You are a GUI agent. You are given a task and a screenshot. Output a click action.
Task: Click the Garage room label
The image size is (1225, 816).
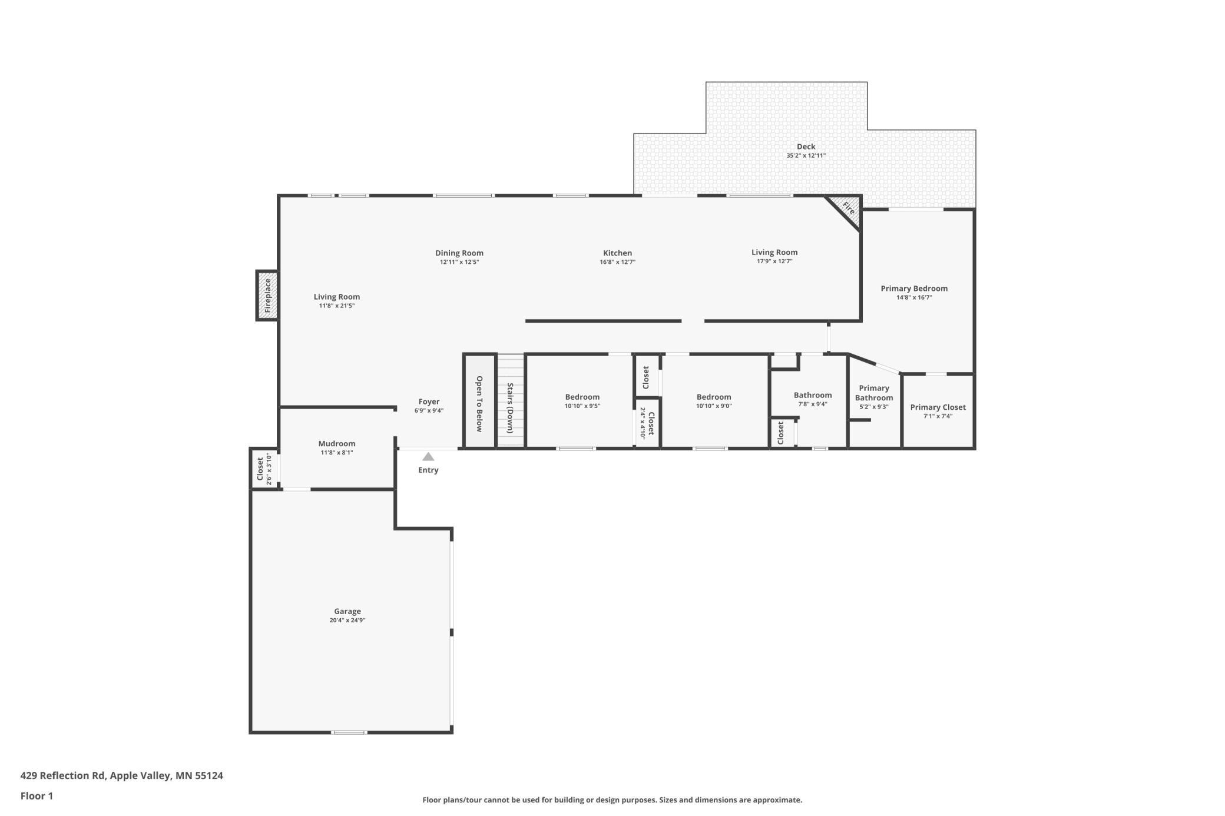[347, 611]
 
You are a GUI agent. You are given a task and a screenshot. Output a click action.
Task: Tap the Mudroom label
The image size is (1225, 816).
[337, 443]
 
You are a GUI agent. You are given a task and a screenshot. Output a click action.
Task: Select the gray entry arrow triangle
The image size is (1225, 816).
[428, 456]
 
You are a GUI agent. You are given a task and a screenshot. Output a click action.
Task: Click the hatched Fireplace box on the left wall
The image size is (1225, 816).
[267, 296]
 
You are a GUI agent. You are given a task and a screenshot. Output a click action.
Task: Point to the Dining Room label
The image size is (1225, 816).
[459, 253]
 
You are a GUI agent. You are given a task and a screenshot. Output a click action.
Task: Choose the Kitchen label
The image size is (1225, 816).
[617, 253]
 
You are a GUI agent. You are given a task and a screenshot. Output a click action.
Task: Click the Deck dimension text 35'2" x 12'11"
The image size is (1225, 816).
[806, 156]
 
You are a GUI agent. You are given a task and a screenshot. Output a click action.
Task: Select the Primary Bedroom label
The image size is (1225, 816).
[914, 288]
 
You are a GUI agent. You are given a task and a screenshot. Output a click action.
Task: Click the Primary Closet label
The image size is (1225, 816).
[938, 407]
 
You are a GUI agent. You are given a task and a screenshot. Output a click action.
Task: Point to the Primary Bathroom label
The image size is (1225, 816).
[874, 393]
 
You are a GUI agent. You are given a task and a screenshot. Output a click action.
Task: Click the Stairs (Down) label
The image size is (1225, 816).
[510, 408]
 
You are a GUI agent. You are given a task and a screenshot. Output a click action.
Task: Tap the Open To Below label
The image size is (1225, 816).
[479, 403]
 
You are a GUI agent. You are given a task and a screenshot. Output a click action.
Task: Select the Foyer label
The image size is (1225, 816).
[429, 402]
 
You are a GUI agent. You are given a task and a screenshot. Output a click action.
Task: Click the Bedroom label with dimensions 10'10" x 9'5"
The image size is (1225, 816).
[582, 397]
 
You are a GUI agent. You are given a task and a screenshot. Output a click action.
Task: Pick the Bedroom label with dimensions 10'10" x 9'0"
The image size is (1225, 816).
[714, 397]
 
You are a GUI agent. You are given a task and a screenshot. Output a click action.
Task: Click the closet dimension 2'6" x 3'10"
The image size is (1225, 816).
[270, 469]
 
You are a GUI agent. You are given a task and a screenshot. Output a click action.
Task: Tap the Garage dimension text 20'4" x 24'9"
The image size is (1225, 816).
[347, 621]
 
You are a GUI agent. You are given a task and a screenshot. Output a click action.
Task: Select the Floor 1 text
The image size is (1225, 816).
[37, 796]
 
